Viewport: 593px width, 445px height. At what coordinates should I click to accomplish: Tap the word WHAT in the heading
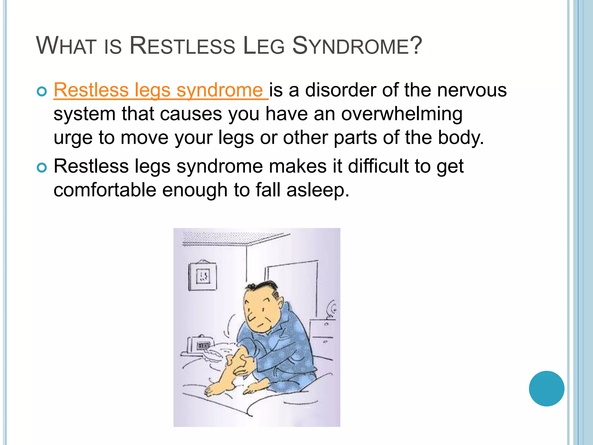point(66,46)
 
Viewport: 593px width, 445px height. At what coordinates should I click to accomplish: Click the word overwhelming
point(402,114)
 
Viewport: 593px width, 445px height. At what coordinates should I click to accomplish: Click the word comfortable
point(105,190)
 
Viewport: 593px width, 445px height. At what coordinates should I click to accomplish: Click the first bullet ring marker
point(42,92)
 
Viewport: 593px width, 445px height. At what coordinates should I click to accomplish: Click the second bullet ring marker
point(42,168)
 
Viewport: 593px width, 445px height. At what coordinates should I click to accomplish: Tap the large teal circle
point(546,389)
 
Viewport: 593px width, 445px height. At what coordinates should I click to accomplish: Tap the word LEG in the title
point(264,46)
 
